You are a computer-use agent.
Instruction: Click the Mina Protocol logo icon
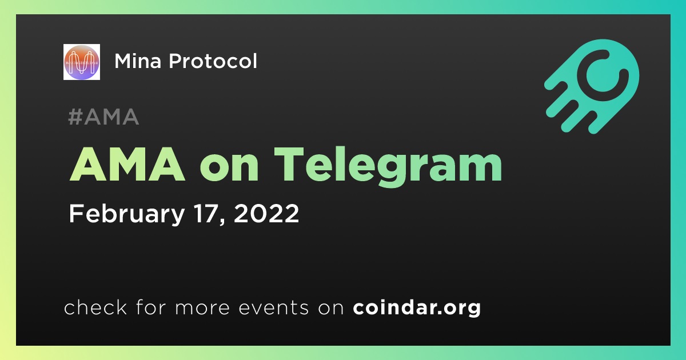click(81, 62)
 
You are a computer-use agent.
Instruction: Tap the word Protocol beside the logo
click(213, 61)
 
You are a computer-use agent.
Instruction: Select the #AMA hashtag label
click(103, 117)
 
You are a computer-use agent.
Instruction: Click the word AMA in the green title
click(127, 165)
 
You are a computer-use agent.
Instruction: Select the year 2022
click(266, 213)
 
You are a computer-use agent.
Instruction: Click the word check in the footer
click(95, 307)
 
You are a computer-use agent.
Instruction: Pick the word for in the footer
click(151, 307)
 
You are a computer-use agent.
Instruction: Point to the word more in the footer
click(202, 309)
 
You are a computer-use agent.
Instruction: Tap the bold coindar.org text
click(417, 307)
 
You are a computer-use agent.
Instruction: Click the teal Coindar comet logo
click(592, 86)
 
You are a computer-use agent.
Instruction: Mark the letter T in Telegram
click(289, 165)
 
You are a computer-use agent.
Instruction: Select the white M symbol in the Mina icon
click(81, 62)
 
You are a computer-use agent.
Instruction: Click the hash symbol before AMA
click(75, 117)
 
